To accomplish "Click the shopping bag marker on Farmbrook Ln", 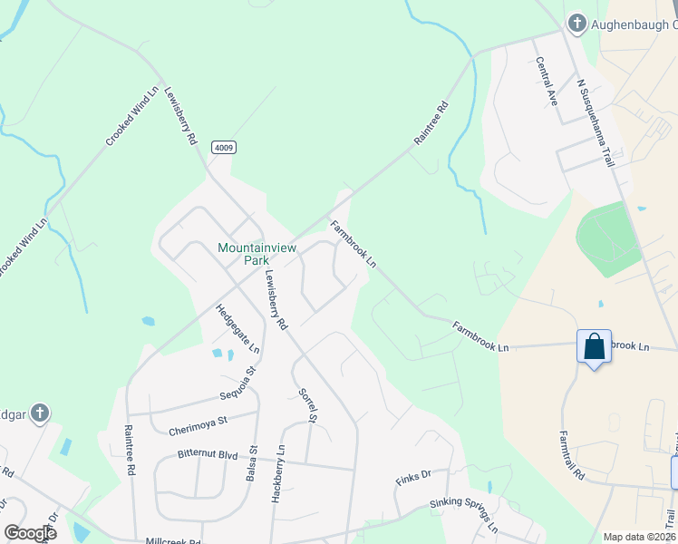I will click(594, 347).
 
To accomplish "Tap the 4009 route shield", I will click(224, 147).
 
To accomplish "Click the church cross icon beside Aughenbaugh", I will click(576, 23).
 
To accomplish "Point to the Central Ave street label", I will click(547, 82).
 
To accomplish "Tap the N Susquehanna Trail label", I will click(596, 122).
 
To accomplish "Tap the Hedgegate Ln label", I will click(237, 329).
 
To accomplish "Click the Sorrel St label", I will click(307, 405).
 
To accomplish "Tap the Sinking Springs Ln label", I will click(463, 515).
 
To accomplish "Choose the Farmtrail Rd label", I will click(572, 455).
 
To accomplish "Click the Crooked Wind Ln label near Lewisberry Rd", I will click(132, 114).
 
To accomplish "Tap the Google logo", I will click(30, 533).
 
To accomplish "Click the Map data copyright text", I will click(639, 537).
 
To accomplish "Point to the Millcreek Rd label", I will click(173, 541).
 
